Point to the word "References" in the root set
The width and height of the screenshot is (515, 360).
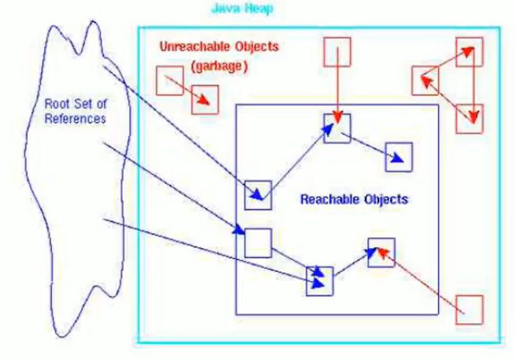74,119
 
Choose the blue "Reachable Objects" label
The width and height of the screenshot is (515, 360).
354,199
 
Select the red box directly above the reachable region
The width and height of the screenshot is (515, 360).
337,51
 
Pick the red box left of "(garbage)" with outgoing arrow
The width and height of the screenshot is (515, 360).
169,79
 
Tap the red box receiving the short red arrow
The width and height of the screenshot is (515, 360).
205,99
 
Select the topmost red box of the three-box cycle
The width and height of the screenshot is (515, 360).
469,51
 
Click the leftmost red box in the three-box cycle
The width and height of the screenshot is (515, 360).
425,80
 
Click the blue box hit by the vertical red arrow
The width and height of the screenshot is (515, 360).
337,129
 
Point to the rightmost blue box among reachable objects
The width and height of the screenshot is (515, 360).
399,157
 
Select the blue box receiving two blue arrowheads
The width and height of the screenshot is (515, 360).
319,280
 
